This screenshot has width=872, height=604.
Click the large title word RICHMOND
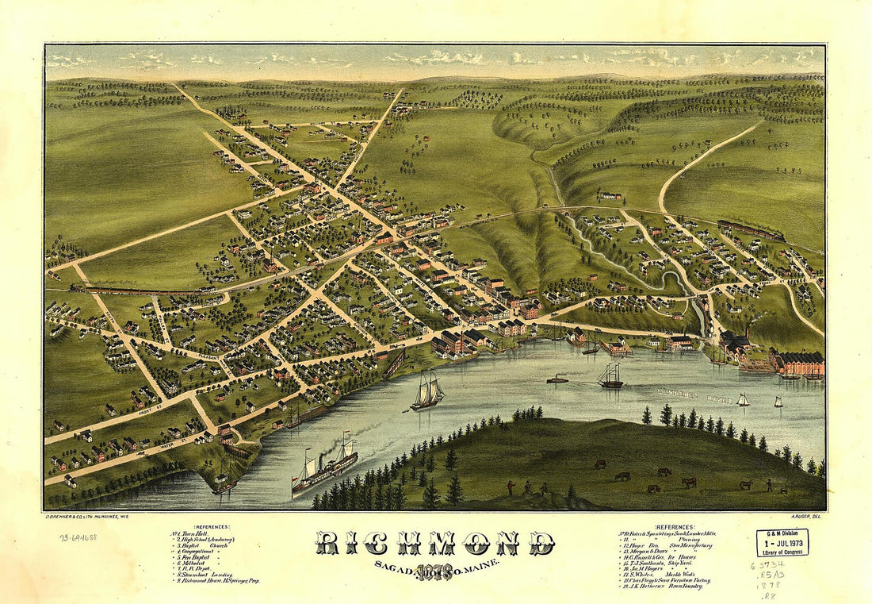pyautogui.click(x=436, y=544)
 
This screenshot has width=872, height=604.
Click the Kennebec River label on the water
pyautogui.click(x=686, y=391)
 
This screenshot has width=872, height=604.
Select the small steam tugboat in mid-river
pyautogui.click(x=557, y=379)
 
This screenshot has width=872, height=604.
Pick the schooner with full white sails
pyautogui.click(x=427, y=391)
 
